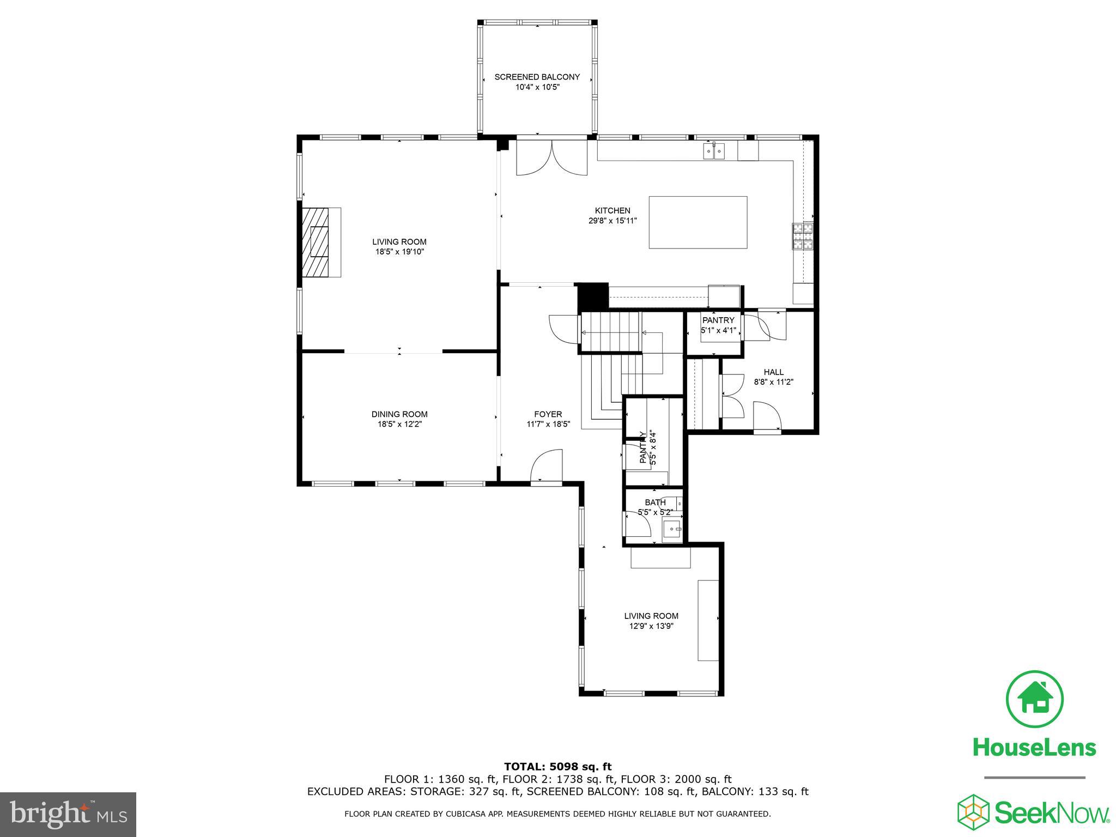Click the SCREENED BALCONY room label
coord(537,77)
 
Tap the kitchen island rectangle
coord(697,222)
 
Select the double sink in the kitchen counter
coord(714,150)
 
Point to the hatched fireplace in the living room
coord(318,242)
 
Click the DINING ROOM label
coord(399,414)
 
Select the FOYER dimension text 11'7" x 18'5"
coord(548,424)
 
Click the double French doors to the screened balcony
coord(551,158)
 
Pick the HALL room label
coord(773,372)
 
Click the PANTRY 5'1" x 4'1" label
coord(718,325)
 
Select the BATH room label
coord(655,502)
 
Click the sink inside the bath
coord(672,529)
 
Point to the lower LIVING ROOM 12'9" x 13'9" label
coord(651,621)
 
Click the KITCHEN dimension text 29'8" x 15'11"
coord(612,221)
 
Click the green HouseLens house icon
coord(1034,699)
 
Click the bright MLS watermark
coord(68,815)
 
